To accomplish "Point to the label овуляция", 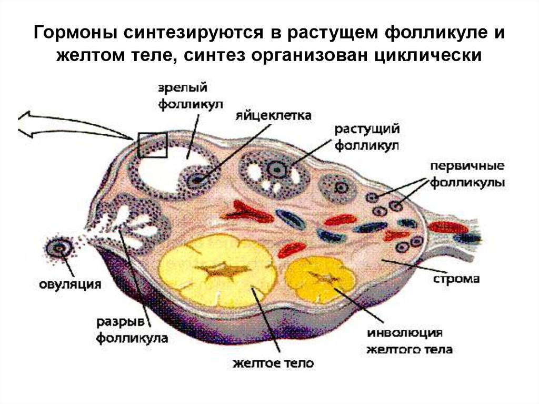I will point(70,285).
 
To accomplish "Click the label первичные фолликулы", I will point(467,174).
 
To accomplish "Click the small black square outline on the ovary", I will point(152,145).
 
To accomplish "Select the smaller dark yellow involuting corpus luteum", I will point(321,278).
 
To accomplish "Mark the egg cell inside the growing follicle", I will point(275,169).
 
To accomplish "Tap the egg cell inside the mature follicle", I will point(197,179).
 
